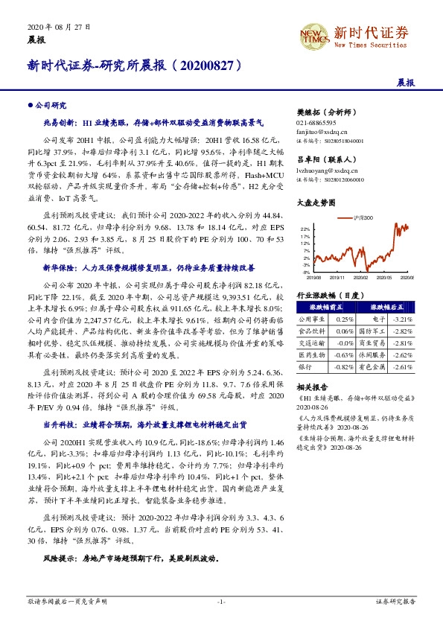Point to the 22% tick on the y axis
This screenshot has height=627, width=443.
click(x=305, y=229)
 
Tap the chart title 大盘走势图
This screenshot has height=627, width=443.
click(x=313, y=202)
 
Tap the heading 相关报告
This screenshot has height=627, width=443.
click(x=310, y=389)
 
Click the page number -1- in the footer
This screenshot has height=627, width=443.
click(x=220, y=601)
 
